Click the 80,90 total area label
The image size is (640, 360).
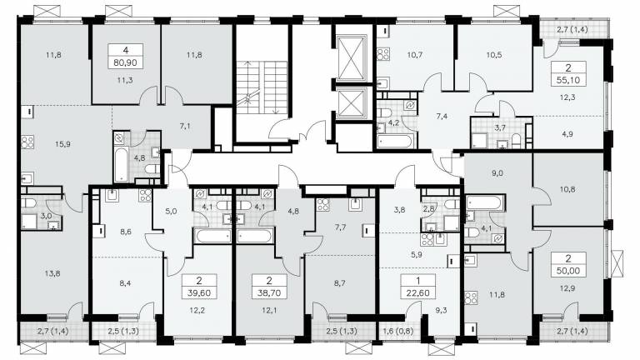[126, 62]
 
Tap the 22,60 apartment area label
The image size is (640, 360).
[417, 292]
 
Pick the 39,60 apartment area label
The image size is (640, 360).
[199, 292]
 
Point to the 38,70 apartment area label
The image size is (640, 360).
[269, 292]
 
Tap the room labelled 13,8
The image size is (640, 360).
[52, 273]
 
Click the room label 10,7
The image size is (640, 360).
[414, 55]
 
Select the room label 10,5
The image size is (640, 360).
[494, 55]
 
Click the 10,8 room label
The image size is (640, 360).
[567, 189]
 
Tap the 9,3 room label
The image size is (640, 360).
[441, 310]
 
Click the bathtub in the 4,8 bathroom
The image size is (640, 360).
[120, 165]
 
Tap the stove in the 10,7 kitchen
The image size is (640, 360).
[382, 54]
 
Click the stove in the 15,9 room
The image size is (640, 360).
[27, 142]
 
